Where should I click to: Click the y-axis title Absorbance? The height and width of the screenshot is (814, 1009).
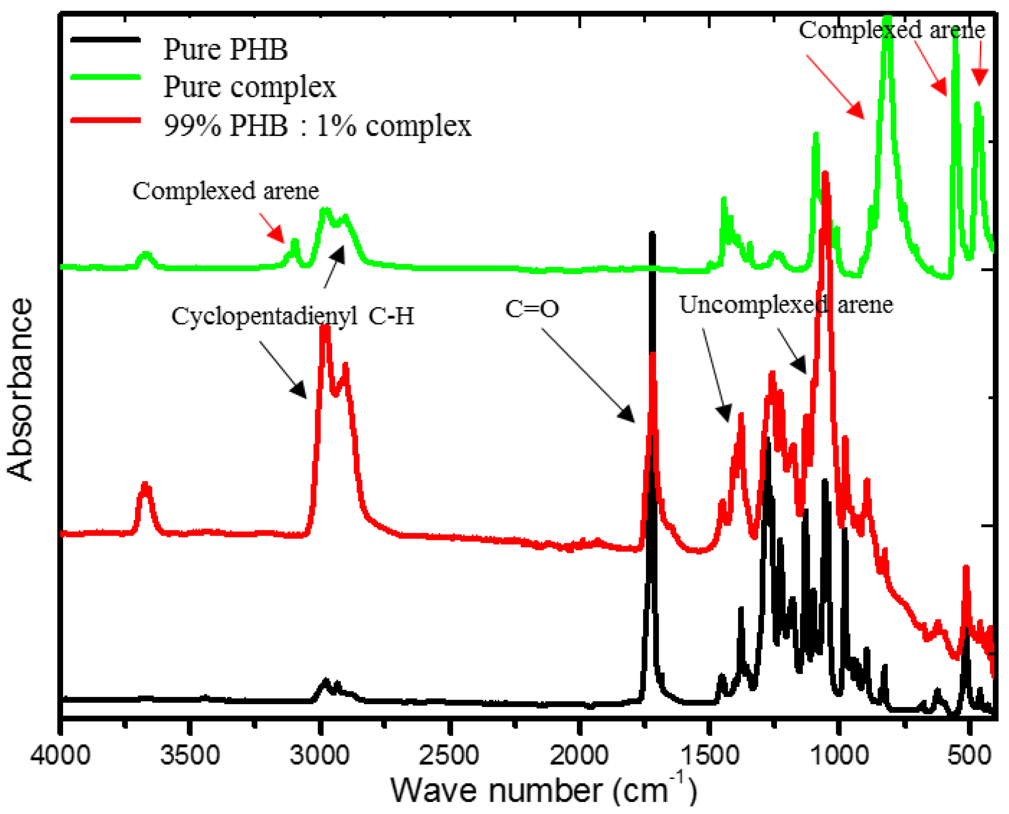click(x=20, y=389)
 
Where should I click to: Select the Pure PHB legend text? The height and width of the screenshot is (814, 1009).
click(x=225, y=49)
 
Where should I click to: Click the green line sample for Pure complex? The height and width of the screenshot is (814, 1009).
click(x=106, y=77)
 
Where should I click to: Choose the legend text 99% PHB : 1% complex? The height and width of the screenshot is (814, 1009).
click(x=317, y=126)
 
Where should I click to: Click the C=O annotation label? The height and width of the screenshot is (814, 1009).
click(x=532, y=309)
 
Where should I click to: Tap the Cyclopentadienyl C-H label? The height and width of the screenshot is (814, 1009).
click(x=292, y=316)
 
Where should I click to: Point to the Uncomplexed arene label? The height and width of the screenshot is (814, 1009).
click(x=786, y=305)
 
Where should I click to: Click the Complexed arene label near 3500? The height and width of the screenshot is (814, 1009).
click(x=225, y=191)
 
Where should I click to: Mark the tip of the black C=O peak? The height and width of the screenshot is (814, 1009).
click(x=652, y=234)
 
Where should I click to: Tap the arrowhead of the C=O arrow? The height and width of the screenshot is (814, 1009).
click(x=630, y=418)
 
